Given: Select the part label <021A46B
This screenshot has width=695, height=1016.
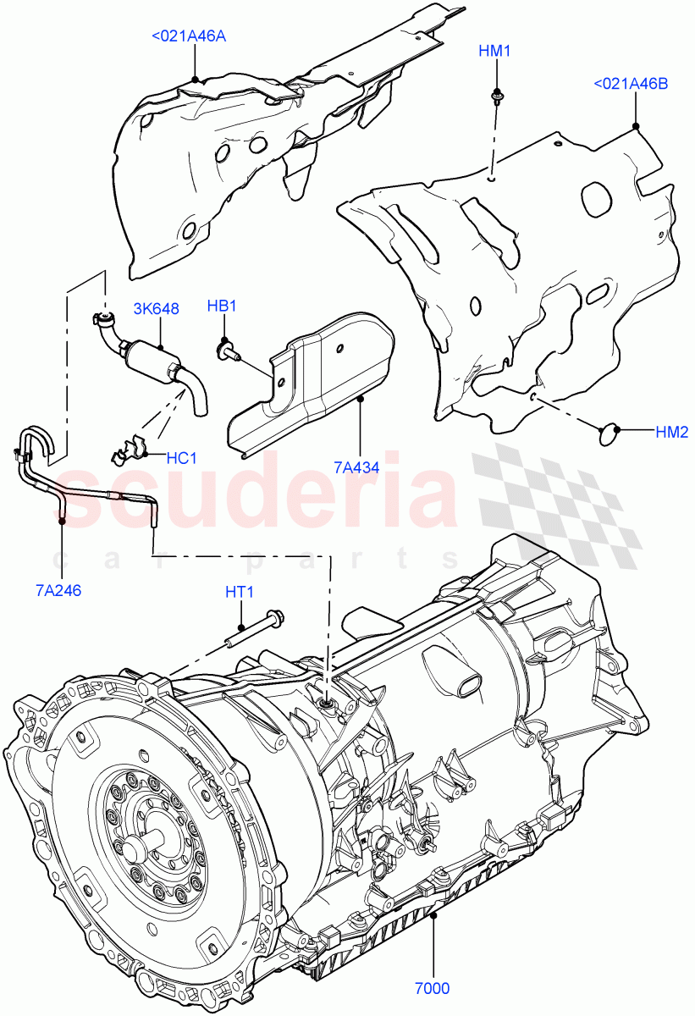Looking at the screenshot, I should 631,84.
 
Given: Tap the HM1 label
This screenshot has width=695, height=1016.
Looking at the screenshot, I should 494,51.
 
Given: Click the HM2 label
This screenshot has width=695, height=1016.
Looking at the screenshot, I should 672,432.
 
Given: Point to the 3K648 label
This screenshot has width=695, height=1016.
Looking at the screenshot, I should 156,309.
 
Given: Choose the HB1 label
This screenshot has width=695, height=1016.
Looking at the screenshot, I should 221,306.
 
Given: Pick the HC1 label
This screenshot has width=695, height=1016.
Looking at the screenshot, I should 181,458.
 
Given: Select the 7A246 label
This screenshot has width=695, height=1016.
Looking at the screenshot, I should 58,591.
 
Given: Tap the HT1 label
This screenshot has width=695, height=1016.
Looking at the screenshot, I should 240,594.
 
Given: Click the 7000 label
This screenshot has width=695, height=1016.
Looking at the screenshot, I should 433,987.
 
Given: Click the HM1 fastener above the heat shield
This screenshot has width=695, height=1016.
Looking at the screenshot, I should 494,99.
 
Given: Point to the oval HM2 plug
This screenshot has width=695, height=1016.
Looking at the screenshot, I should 610,433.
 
